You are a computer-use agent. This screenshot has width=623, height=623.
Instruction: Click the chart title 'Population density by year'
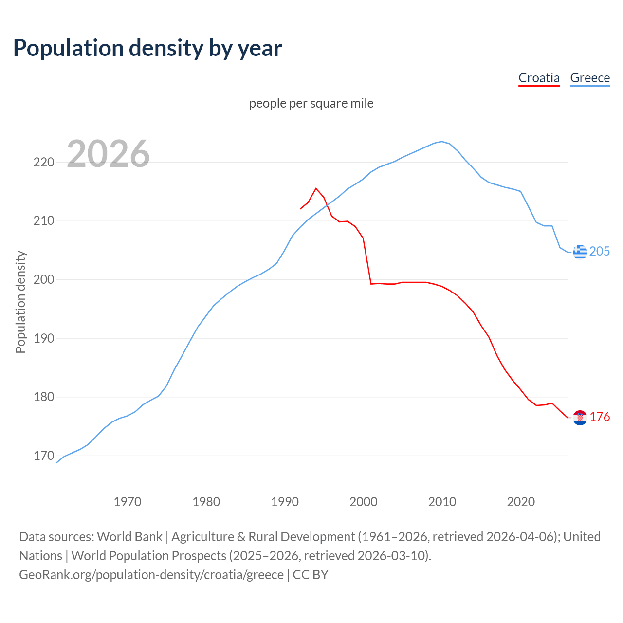coord(147,48)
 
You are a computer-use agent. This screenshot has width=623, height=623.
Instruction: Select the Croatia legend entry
coord(539,78)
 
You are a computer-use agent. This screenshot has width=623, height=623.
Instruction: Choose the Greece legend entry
coord(590,78)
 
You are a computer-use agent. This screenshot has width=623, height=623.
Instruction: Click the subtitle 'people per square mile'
coord(311,103)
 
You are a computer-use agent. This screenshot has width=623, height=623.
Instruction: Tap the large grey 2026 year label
coord(108,154)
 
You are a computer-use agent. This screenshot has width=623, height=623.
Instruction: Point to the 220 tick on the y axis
coord(44,163)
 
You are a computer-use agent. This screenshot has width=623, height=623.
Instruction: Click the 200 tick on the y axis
coord(44,280)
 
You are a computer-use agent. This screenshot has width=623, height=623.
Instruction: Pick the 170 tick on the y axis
coord(44,456)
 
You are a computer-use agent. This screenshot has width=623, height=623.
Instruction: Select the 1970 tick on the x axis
coord(128,502)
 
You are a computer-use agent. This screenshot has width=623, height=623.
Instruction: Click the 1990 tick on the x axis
coord(285,502)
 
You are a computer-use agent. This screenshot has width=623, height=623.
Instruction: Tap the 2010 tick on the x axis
coord(442,502)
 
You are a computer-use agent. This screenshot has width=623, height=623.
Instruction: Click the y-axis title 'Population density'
coord(20,302)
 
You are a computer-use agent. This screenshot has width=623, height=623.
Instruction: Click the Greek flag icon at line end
coord(580,252)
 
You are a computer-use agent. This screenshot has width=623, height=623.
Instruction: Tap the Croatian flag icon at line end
coord(580,418)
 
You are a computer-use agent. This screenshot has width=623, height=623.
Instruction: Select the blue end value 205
coord(600,251)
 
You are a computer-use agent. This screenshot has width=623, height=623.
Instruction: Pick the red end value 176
coord(600,417)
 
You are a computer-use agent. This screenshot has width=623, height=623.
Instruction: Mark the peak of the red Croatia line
coord(316,188)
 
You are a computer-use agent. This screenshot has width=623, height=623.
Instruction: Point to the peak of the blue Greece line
coord(442,142)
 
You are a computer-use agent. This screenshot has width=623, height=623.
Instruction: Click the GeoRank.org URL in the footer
coord(151,575)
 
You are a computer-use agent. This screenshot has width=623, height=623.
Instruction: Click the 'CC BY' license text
coord(311,575)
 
